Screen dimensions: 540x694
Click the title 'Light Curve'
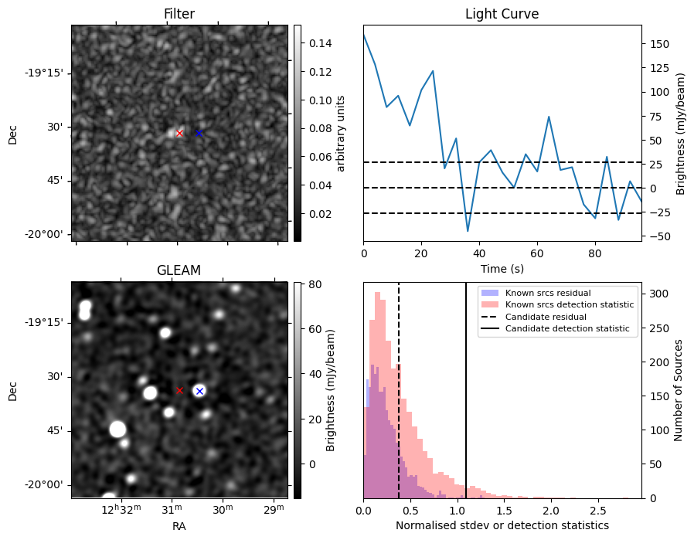502,14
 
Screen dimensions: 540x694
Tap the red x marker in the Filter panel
179,133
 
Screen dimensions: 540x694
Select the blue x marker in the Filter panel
199,133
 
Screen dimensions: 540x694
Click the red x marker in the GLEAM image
179,390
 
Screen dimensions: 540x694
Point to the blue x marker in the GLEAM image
199,391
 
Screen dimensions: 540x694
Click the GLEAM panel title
179,270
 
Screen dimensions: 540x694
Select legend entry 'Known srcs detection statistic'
569,304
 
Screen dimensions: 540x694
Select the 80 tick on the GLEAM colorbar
303,284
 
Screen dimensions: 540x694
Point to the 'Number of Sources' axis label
679,390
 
